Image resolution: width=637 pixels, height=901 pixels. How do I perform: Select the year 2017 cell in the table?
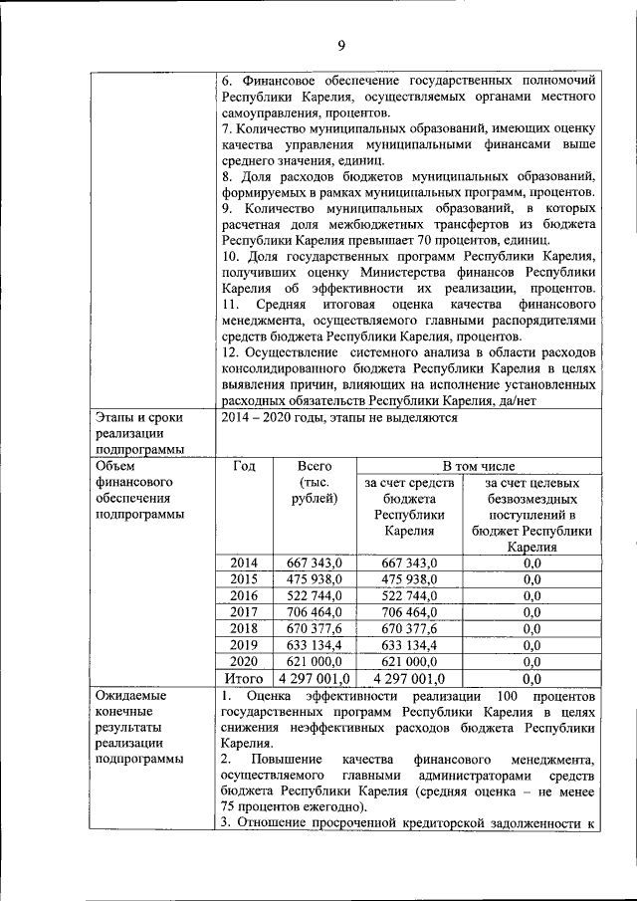click(244, 611)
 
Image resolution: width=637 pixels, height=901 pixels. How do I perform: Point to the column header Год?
click(244, 466)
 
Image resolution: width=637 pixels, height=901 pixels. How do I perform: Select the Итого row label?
click(244, 678)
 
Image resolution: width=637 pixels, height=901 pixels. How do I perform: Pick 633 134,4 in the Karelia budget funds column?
click(409, 644)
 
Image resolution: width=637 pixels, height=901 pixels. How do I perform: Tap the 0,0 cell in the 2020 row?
click(531, 661)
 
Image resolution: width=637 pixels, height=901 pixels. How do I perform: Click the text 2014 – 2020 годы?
click(285, 418)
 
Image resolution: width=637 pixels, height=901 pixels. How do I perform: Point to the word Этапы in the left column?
click(117, 418)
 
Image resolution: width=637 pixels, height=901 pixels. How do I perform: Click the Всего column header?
click(315, 466)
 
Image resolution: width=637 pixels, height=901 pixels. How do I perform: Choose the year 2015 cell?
click(244, 578)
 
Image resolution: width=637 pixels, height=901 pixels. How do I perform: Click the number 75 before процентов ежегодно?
click(230, 806)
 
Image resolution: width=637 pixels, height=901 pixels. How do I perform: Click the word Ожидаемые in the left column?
click(130, 695)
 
